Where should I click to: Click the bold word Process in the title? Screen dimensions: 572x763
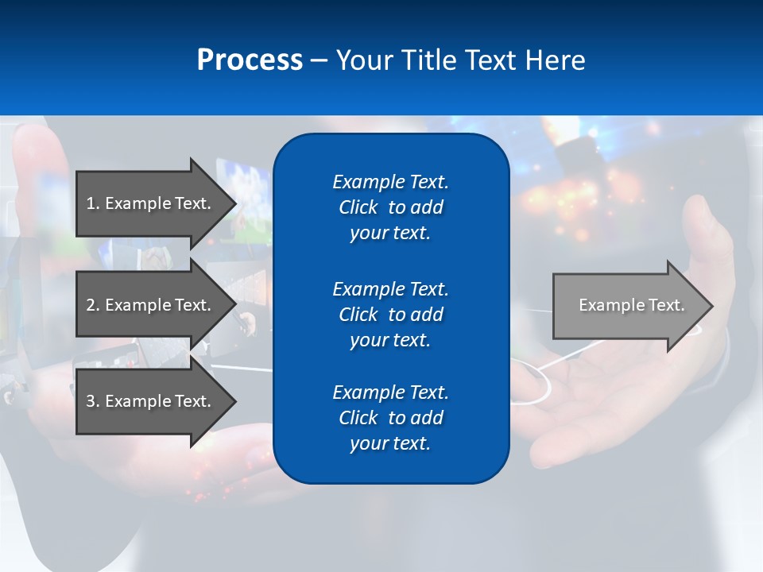[250, 60]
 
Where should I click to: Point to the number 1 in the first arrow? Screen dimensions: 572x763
[91, 203]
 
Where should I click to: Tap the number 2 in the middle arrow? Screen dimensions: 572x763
[91, 305]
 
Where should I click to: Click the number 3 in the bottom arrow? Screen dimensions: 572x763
[91, 401]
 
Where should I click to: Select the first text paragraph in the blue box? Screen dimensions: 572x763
[390, 207]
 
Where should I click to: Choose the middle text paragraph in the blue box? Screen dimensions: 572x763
[390, 315]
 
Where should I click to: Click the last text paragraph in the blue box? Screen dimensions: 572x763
[390, 418]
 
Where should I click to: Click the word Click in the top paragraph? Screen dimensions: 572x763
[358, 207]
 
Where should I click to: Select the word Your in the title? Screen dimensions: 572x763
[362, 60]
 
